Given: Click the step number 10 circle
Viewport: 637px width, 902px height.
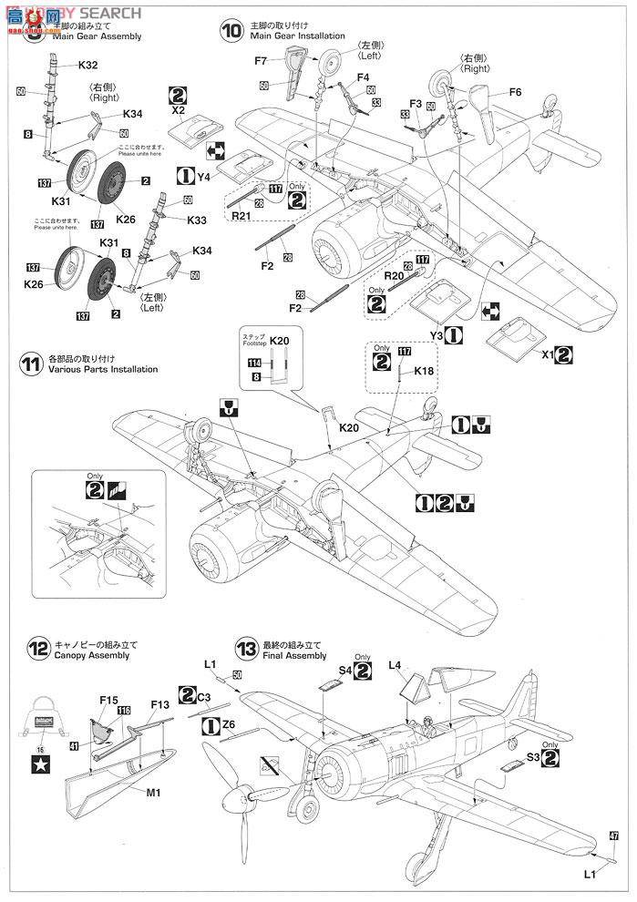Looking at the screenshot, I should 232,29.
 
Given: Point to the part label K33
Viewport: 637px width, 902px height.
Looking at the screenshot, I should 197,220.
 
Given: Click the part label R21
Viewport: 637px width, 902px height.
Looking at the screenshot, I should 241,217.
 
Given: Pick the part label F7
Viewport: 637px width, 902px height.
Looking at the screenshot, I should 261,61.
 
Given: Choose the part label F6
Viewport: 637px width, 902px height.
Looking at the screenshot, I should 515,92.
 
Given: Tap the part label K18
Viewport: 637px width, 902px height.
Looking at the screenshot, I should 425,372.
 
